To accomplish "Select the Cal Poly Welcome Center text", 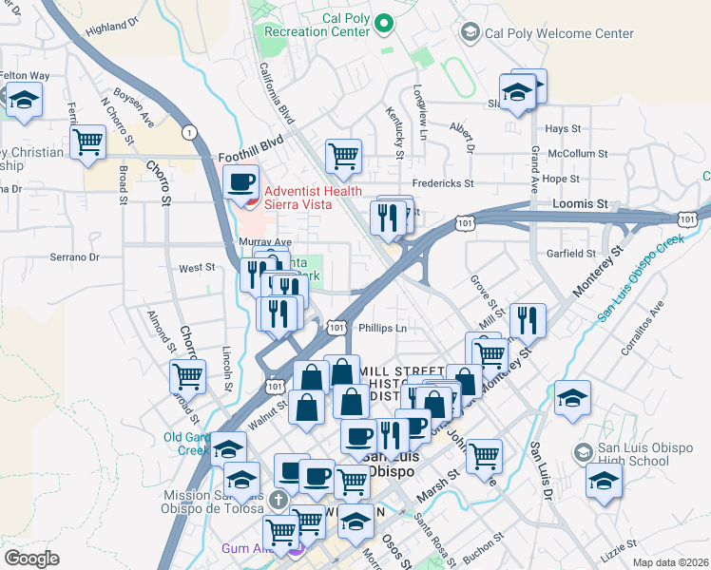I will coord(559,33).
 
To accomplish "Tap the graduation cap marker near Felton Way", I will coord(25,99).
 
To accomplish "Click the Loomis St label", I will coord(580,203).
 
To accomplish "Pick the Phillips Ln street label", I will coord(383,329).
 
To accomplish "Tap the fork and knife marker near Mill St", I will coord(527,320).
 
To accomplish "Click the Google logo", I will coord(31,558).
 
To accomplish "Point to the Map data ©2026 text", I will coord(669,562).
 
